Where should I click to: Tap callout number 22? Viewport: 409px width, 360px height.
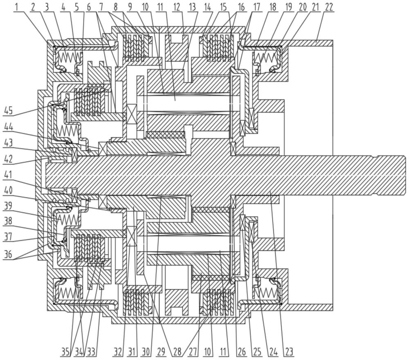(x=329, y=7)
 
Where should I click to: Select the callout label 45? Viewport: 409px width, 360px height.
(x=9, y=110)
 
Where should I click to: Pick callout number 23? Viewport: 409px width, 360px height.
(x=289, y=351)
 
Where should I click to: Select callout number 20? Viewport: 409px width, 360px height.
(x=303, y=7)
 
